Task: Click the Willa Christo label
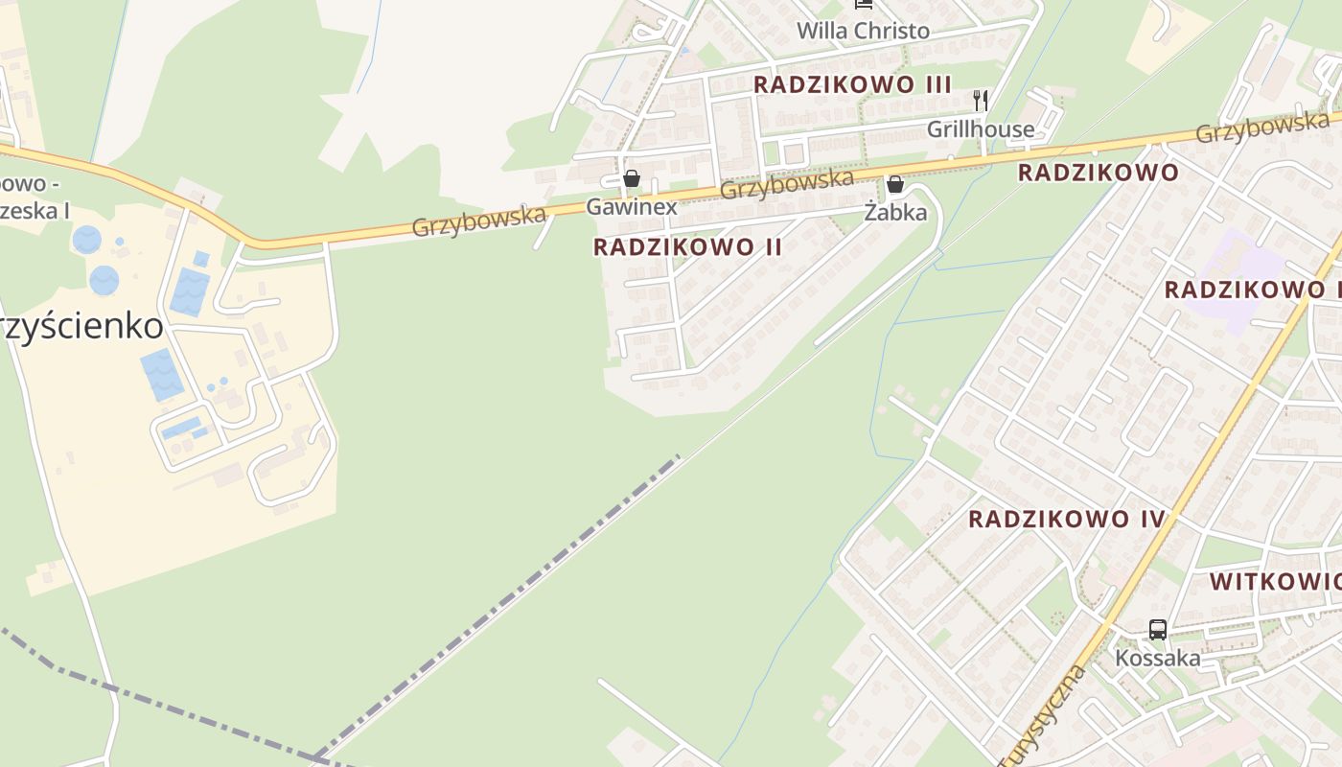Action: tap(863, 31)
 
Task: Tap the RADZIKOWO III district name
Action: tap(852, 84)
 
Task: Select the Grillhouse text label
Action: tap(980, 128)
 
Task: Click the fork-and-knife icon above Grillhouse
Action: tap(980, 100)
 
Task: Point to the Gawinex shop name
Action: tap(631, 206)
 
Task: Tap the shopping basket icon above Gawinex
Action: tap(631, 178)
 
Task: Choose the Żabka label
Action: tap(895, 212)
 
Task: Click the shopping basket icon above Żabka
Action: tap(895, 184)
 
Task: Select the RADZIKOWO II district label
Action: tap(687, 247)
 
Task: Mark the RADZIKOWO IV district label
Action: tap(1066, 520)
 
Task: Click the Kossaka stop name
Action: tap(1157, 659)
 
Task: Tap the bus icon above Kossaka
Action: tap(1158, 630)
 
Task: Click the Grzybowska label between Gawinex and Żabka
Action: tap(786, 183)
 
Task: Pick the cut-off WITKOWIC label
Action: tap(1275, 582)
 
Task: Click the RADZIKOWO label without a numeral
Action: tap(1098, 173)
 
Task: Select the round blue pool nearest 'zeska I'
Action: tap(86, 240)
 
